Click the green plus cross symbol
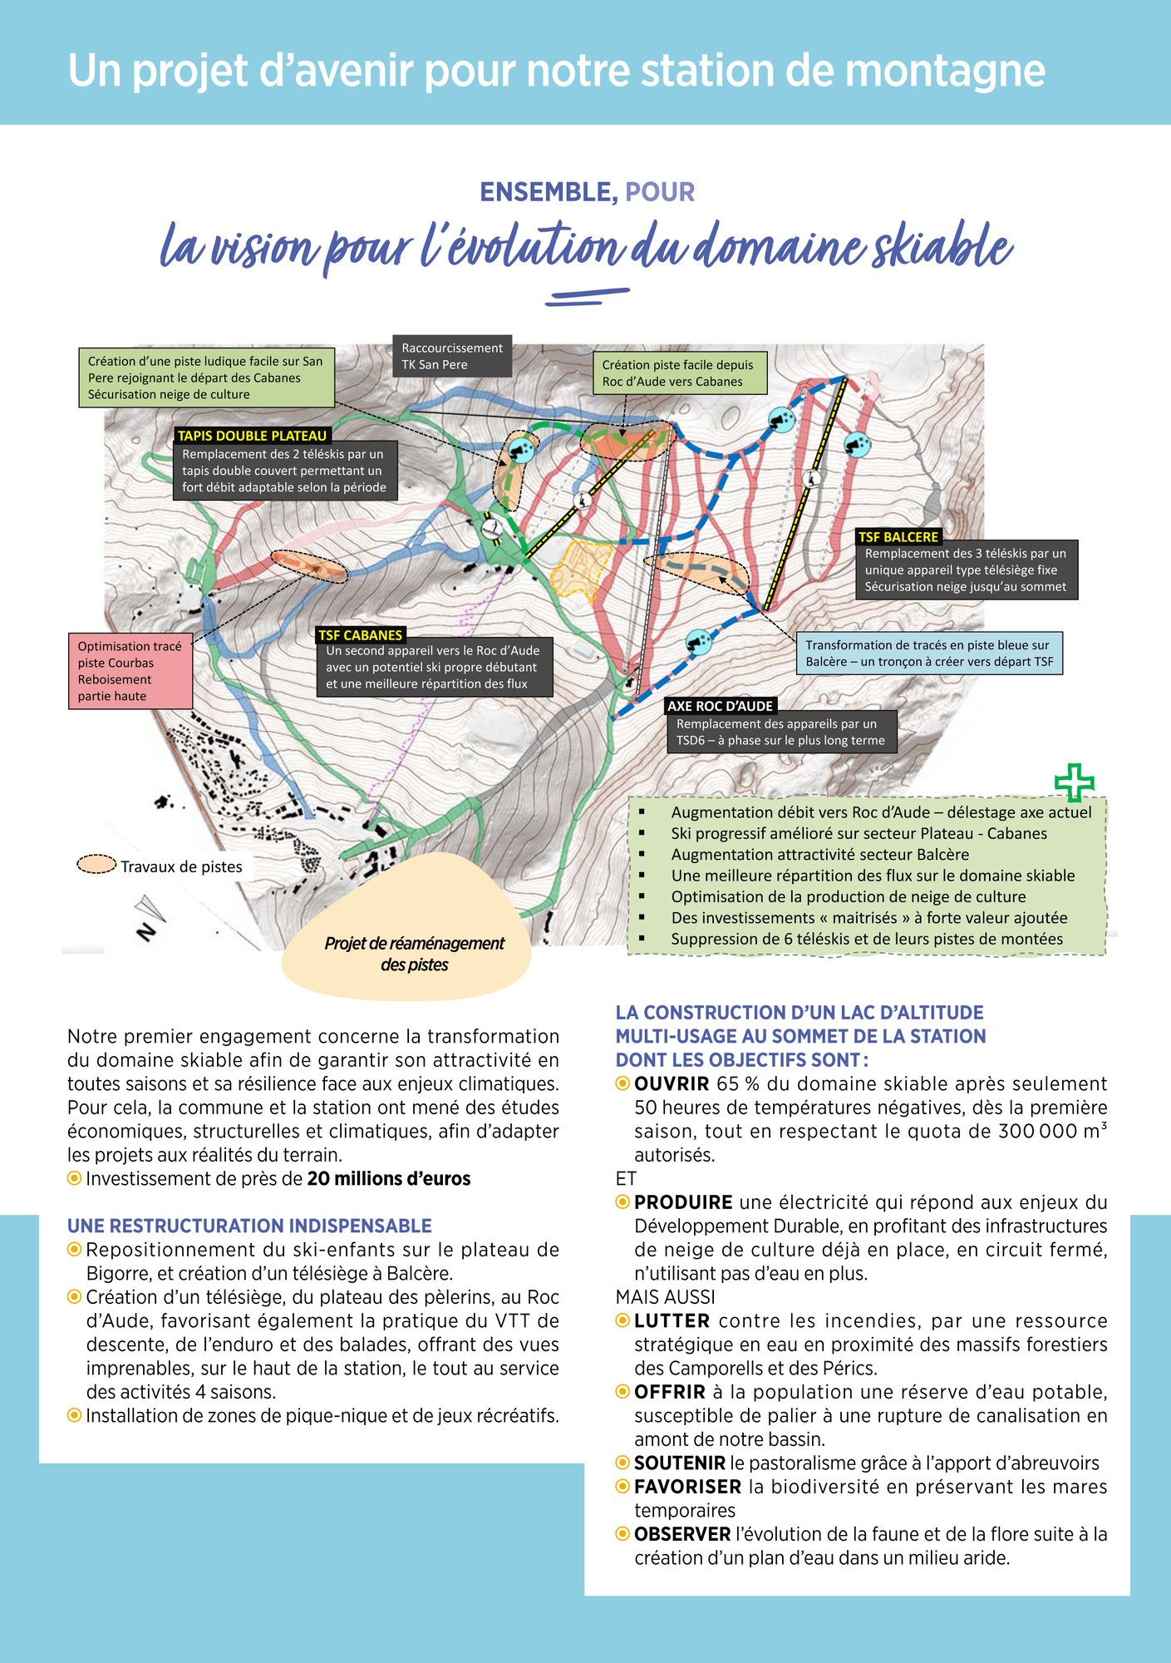pyautogui.click(x=1074, y=782)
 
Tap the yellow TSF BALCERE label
pyautogui.click(x=898, y=537)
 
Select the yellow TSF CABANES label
pyautogui.click(x=360, y=635)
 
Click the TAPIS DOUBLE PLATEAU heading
pyautogui.click(x=253, y=436)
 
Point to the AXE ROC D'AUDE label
pyautogui.click(x=721, y=706)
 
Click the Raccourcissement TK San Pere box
pyautogui.click(x=452, y=357)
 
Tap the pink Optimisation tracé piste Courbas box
pyautogui.click(x=130, y=671)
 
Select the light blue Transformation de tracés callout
pyautogui.click(x=927, y=653)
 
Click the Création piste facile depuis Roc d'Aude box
pyautogui.click(x=678, y=373)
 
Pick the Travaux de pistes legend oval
pyautogui.click(x=96, y=865)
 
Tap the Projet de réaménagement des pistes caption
pyautogui.click(x=414, y=954)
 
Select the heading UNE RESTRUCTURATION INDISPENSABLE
pyautogui.click(x=249, y=1226)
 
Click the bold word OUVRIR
pyautogui.click(x=672, y=1084)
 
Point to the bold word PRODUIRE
pyautogui.click(x=683, y=1202)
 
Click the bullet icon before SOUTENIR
pyautogui.click(x=622, y=1463)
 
